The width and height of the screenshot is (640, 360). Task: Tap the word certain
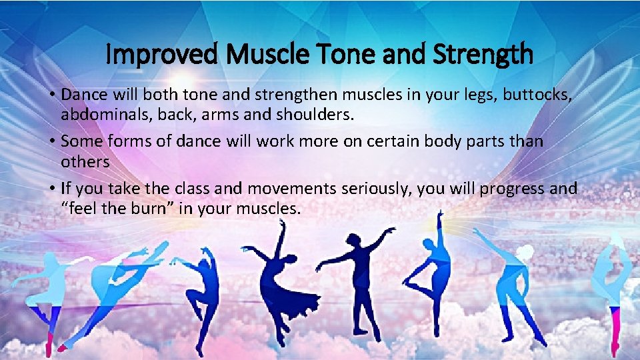(x=381, y=141)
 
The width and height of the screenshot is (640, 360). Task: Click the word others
(x=85, y=161)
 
